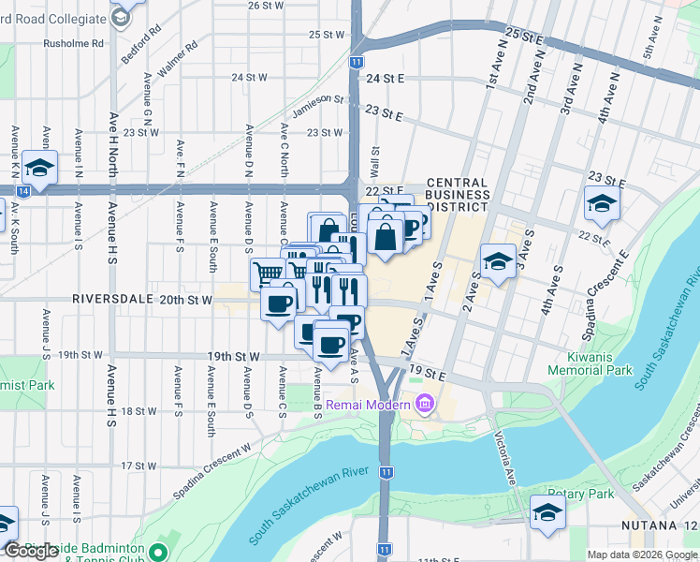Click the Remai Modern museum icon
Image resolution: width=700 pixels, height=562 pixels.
(x=425, y=405)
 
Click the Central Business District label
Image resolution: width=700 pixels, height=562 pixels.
(x=457, y=195)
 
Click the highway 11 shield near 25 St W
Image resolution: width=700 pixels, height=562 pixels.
(x=356, y=62)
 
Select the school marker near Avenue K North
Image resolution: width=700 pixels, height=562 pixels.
(x=40, y=168)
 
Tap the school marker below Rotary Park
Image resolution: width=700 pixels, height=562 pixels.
(x=547, y=512)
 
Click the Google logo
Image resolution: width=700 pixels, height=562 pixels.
(x=32, y=551)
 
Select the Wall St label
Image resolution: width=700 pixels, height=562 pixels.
(x=375, y=161)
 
